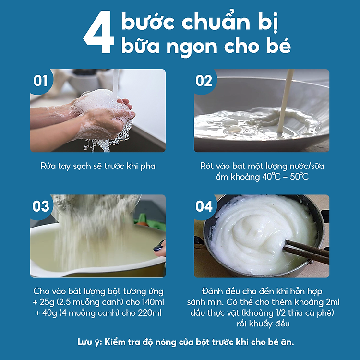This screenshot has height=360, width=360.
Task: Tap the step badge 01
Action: point(41,81)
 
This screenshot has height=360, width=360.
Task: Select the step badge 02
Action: point(204,81)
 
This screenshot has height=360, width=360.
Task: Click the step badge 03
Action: point(41,206)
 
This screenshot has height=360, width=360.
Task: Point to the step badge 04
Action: point(204,206)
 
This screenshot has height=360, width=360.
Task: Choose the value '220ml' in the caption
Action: point(149,312)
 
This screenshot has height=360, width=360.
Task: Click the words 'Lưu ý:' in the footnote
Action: point(90,342)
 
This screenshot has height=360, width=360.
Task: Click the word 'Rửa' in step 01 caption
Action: point(48,166)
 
